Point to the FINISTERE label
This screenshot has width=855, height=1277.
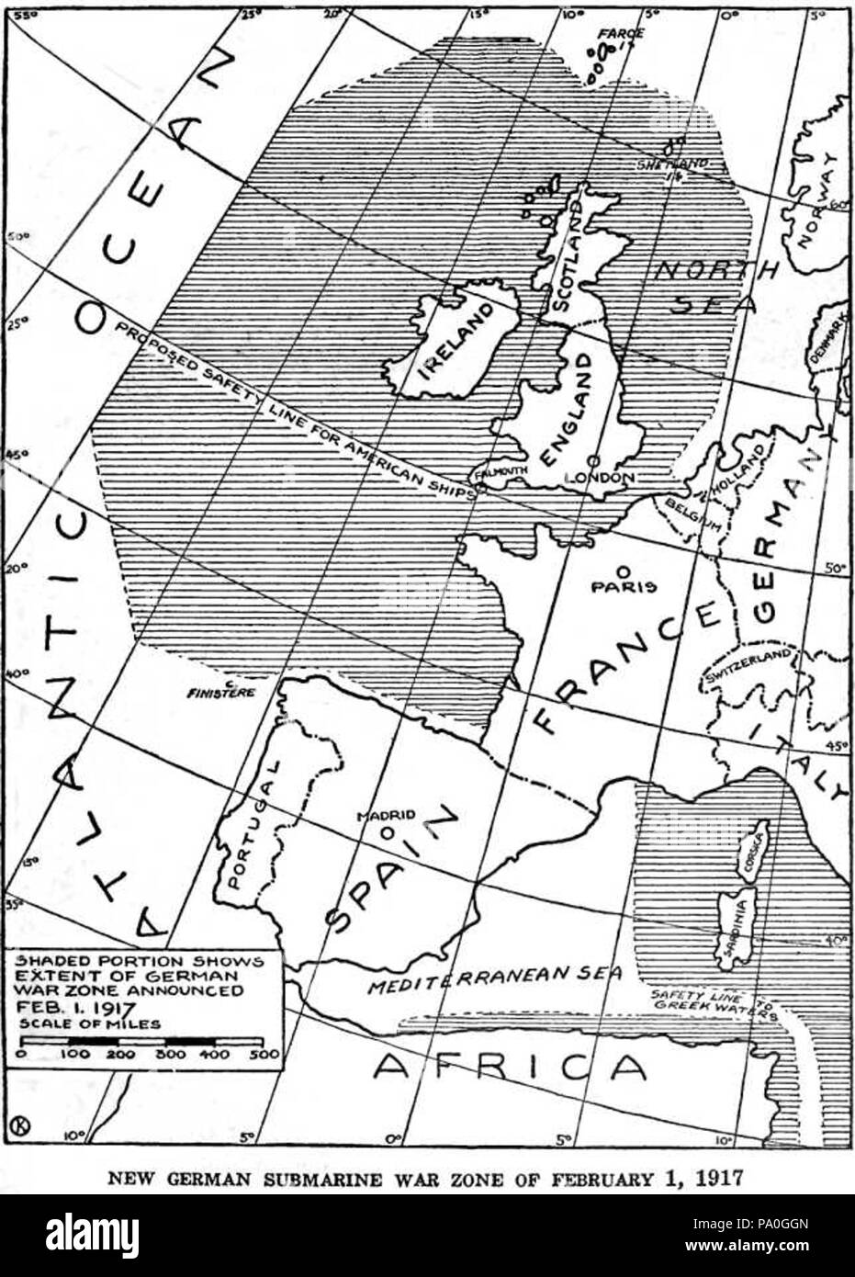219,695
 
